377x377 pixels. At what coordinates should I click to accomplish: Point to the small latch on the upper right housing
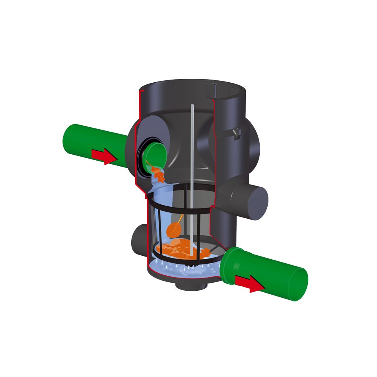[237, 133]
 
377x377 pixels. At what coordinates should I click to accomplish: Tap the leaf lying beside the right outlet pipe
[207, 251]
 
